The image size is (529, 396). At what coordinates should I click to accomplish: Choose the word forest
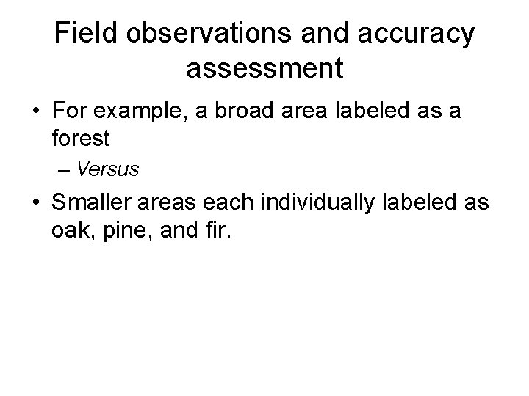click(83, 137)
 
